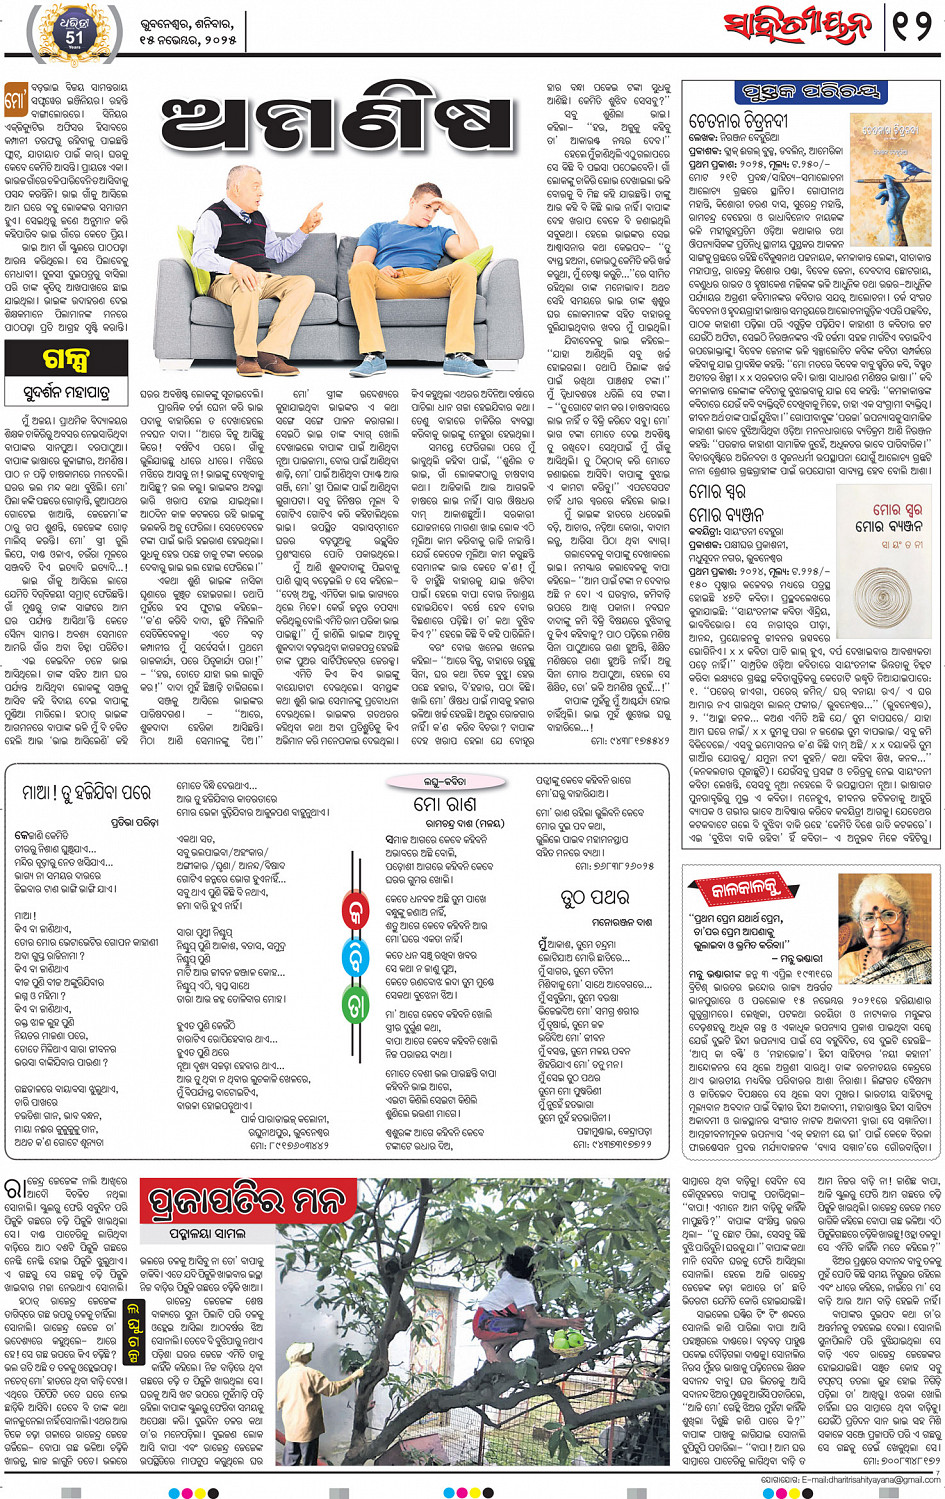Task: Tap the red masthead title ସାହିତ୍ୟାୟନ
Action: coord(795,27)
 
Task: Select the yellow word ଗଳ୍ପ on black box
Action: coord(66,357)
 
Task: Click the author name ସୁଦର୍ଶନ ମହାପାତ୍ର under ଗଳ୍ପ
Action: coord(67,389)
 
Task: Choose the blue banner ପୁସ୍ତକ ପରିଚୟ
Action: coord(810,93)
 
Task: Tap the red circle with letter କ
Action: coord(356,913)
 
